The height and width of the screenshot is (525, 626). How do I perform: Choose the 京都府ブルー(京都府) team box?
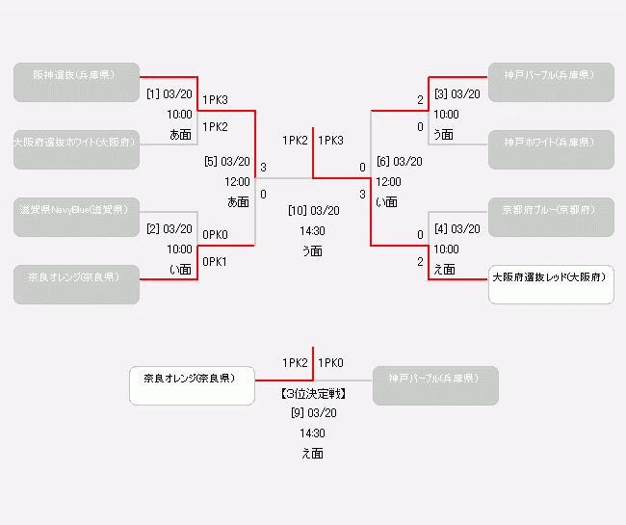[x=551, y=217]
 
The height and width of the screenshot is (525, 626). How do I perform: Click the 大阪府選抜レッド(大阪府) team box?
[x=551, y=284]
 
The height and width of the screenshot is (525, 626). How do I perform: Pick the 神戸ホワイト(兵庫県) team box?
[x=551, y=149]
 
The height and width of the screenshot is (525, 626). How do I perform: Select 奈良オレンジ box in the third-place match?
[x=196, y=385]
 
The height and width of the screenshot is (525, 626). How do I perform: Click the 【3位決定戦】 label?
[x=313, y=394]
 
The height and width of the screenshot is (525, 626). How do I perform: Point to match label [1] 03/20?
[x=170, y=94]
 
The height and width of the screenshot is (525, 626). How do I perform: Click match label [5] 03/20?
[x=227, y=162]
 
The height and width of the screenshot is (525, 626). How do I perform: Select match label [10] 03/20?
[x=313, y=210]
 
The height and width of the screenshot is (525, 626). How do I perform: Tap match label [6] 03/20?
[x=399, y=162]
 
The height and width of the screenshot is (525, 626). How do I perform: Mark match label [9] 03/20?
[x=313, y=413]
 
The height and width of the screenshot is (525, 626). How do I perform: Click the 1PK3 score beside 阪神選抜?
[x=215, y=100]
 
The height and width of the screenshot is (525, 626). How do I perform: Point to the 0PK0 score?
[x=215, y=235]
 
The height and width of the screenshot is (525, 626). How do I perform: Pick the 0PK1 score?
[x=215, y=262]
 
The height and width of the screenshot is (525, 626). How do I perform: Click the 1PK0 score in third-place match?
[x=330, y=363]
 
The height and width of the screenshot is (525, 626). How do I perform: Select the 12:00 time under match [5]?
[x=237, y=181]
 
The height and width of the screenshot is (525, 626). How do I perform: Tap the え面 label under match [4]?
[x=444, y=269]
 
